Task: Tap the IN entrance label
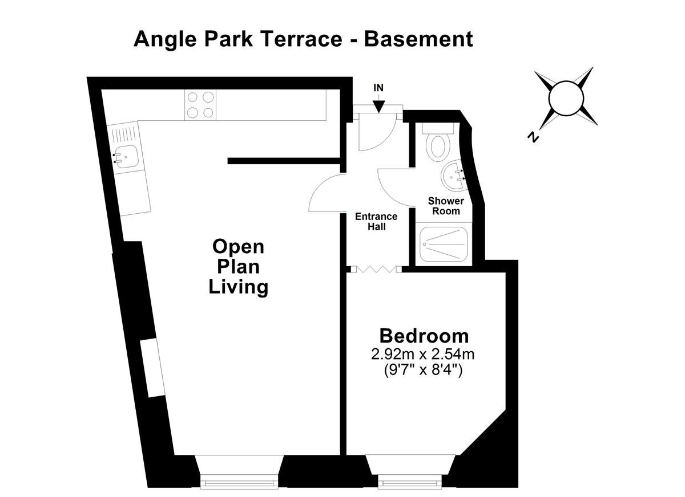pyautogui.click(x=378, y=88)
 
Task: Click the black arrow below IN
pyautogui.click(x=379, y=105)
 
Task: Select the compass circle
pyautogui.click(x=564, y=98)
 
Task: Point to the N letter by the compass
pyautogui.click(x=533, y=137)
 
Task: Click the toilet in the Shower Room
pyautogui.click(x=439, y=145)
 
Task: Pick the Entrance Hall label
pyautogui.click(x=376, y=221)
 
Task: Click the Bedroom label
pyautogui.click(x=424, y=336)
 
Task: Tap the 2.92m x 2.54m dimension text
pyautogui.click(x=423, y=354)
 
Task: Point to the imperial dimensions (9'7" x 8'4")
pyautogui.click(x=423, y=369)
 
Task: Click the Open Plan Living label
pyautogui.click(x=239, y=267)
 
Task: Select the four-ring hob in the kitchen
pyautogui.click(x=200, y=105)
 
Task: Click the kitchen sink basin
pyautogui.click(x=126, y=154)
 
